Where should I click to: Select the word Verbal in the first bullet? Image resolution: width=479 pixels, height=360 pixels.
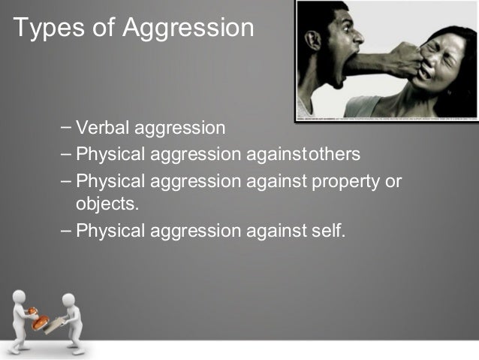[x=101, y=128]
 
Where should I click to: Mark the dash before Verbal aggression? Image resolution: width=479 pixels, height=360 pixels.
[x=66, y=126]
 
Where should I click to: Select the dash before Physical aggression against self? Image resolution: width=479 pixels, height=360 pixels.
[x=66, y=229]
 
